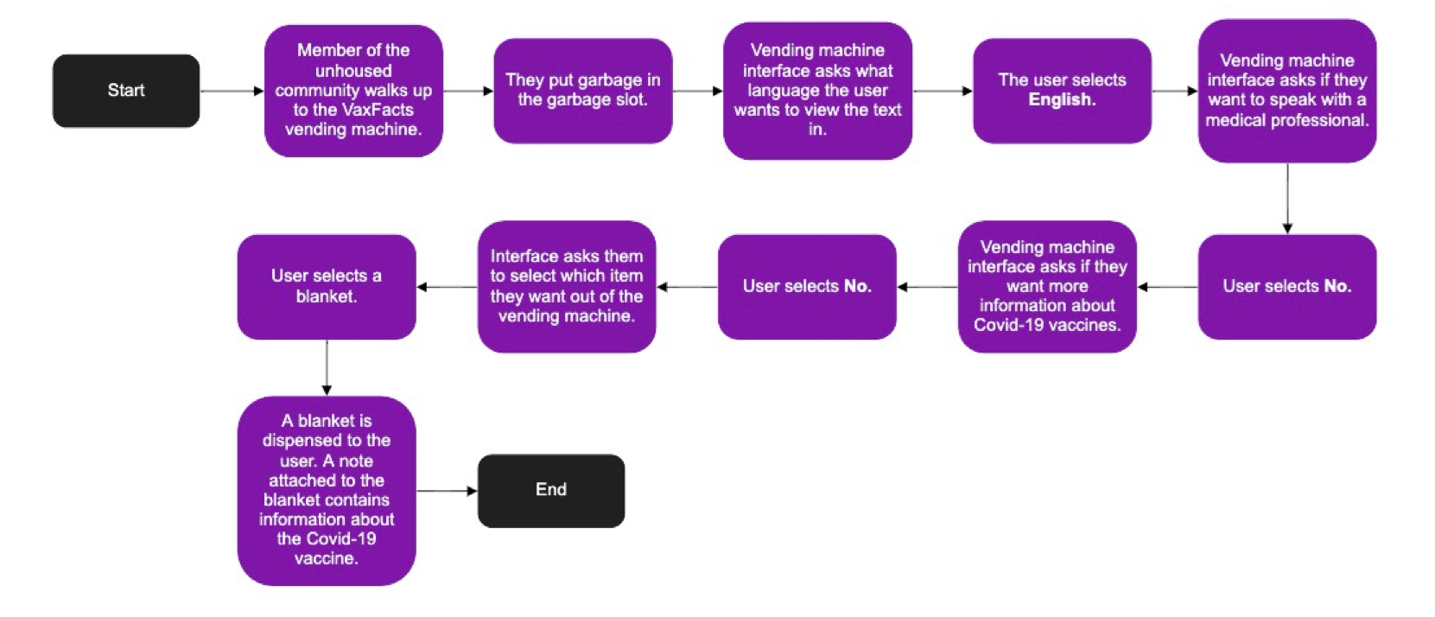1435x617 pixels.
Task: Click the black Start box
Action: click(x=126, y=91)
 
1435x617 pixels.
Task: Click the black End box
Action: click(x=551, y=490)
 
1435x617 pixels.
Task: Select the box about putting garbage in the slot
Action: click(x=583, y=91)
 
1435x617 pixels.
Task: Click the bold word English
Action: click(x=1062, y=100)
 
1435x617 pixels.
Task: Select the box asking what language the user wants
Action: click(x=817, y=91)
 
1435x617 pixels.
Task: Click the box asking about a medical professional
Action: click(x=1286, y=91)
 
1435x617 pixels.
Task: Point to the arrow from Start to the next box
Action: click(x=232, y=91)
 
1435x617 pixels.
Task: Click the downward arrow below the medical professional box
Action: click(x=1287, y=199)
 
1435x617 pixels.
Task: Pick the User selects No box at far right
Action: click(x=1286, y=287)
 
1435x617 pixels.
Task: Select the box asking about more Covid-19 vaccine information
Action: click(x=1047, y=287)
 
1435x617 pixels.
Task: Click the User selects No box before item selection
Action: click(x=807, y=287)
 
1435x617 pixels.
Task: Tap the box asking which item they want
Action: click(x=567, y=287)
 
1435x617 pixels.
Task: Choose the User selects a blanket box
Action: click(x=327, y=287)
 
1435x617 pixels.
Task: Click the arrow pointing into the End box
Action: click(x=447, y=491)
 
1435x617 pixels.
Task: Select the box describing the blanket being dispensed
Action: click(x=327, y=490)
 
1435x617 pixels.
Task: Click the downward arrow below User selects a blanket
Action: click(x=327, y=367)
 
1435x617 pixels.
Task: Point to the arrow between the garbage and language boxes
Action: click(x=697, y=91)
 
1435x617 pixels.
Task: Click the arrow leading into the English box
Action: click(x=943, y=91)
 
